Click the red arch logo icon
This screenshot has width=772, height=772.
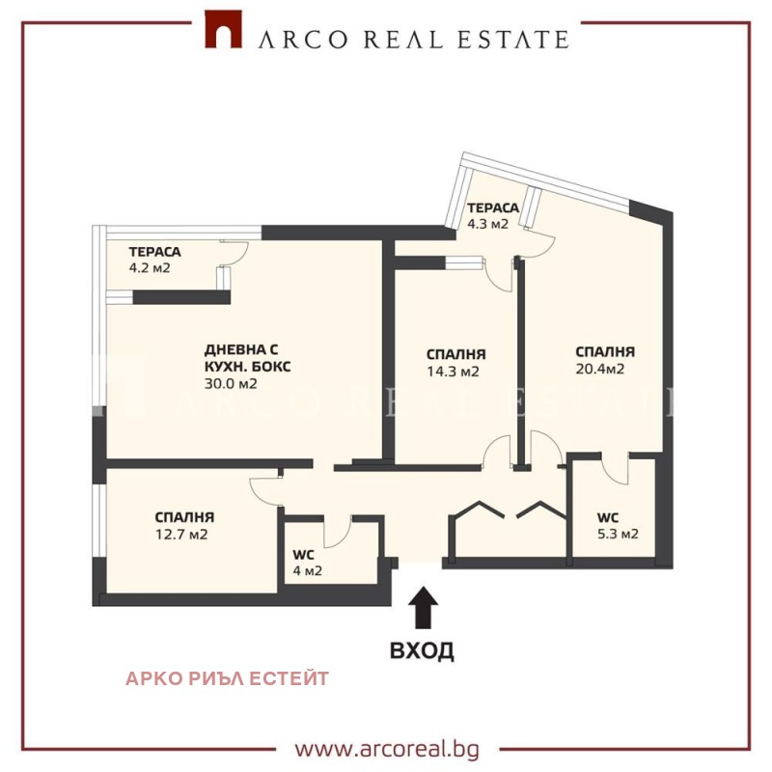(224, 30)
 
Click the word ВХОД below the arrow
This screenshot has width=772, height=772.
(422, 650)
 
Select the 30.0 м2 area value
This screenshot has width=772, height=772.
(231, 383)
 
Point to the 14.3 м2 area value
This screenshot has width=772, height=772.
(453, 372)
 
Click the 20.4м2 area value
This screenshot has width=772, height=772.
(599, 369)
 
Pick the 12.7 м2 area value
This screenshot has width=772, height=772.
(181, 535)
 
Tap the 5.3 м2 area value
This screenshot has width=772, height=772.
(618, 534)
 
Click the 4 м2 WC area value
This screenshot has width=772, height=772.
(307, 570)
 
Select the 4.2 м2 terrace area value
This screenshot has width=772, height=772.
(150, 268)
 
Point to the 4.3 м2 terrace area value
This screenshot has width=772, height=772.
(487, 224)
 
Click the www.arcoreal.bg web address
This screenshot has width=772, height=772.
(387, 750)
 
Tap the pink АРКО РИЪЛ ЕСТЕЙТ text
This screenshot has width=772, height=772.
(227, 678)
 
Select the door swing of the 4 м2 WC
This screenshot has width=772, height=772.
(338, 532)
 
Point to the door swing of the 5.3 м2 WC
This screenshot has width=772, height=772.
(615, 469)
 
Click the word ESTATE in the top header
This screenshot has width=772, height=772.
(513, 40)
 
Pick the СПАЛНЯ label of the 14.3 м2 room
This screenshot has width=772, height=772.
(455, 354)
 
